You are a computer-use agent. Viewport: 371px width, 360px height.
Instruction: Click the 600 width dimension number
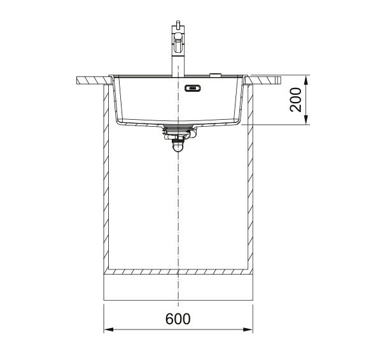(178, 319)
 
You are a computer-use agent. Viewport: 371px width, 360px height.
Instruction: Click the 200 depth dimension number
(296, 99)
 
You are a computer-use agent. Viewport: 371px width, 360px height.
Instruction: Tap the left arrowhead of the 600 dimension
(109, 329)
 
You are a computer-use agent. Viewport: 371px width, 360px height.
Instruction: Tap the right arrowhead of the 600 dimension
(248, 329)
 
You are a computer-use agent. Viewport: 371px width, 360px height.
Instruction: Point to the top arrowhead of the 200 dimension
(306, 80)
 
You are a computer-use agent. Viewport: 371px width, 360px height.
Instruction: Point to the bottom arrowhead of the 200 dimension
(306, 119)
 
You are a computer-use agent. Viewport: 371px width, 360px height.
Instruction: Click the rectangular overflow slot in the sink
(193, 88)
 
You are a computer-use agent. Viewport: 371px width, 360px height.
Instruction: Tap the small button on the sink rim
(215, 75)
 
